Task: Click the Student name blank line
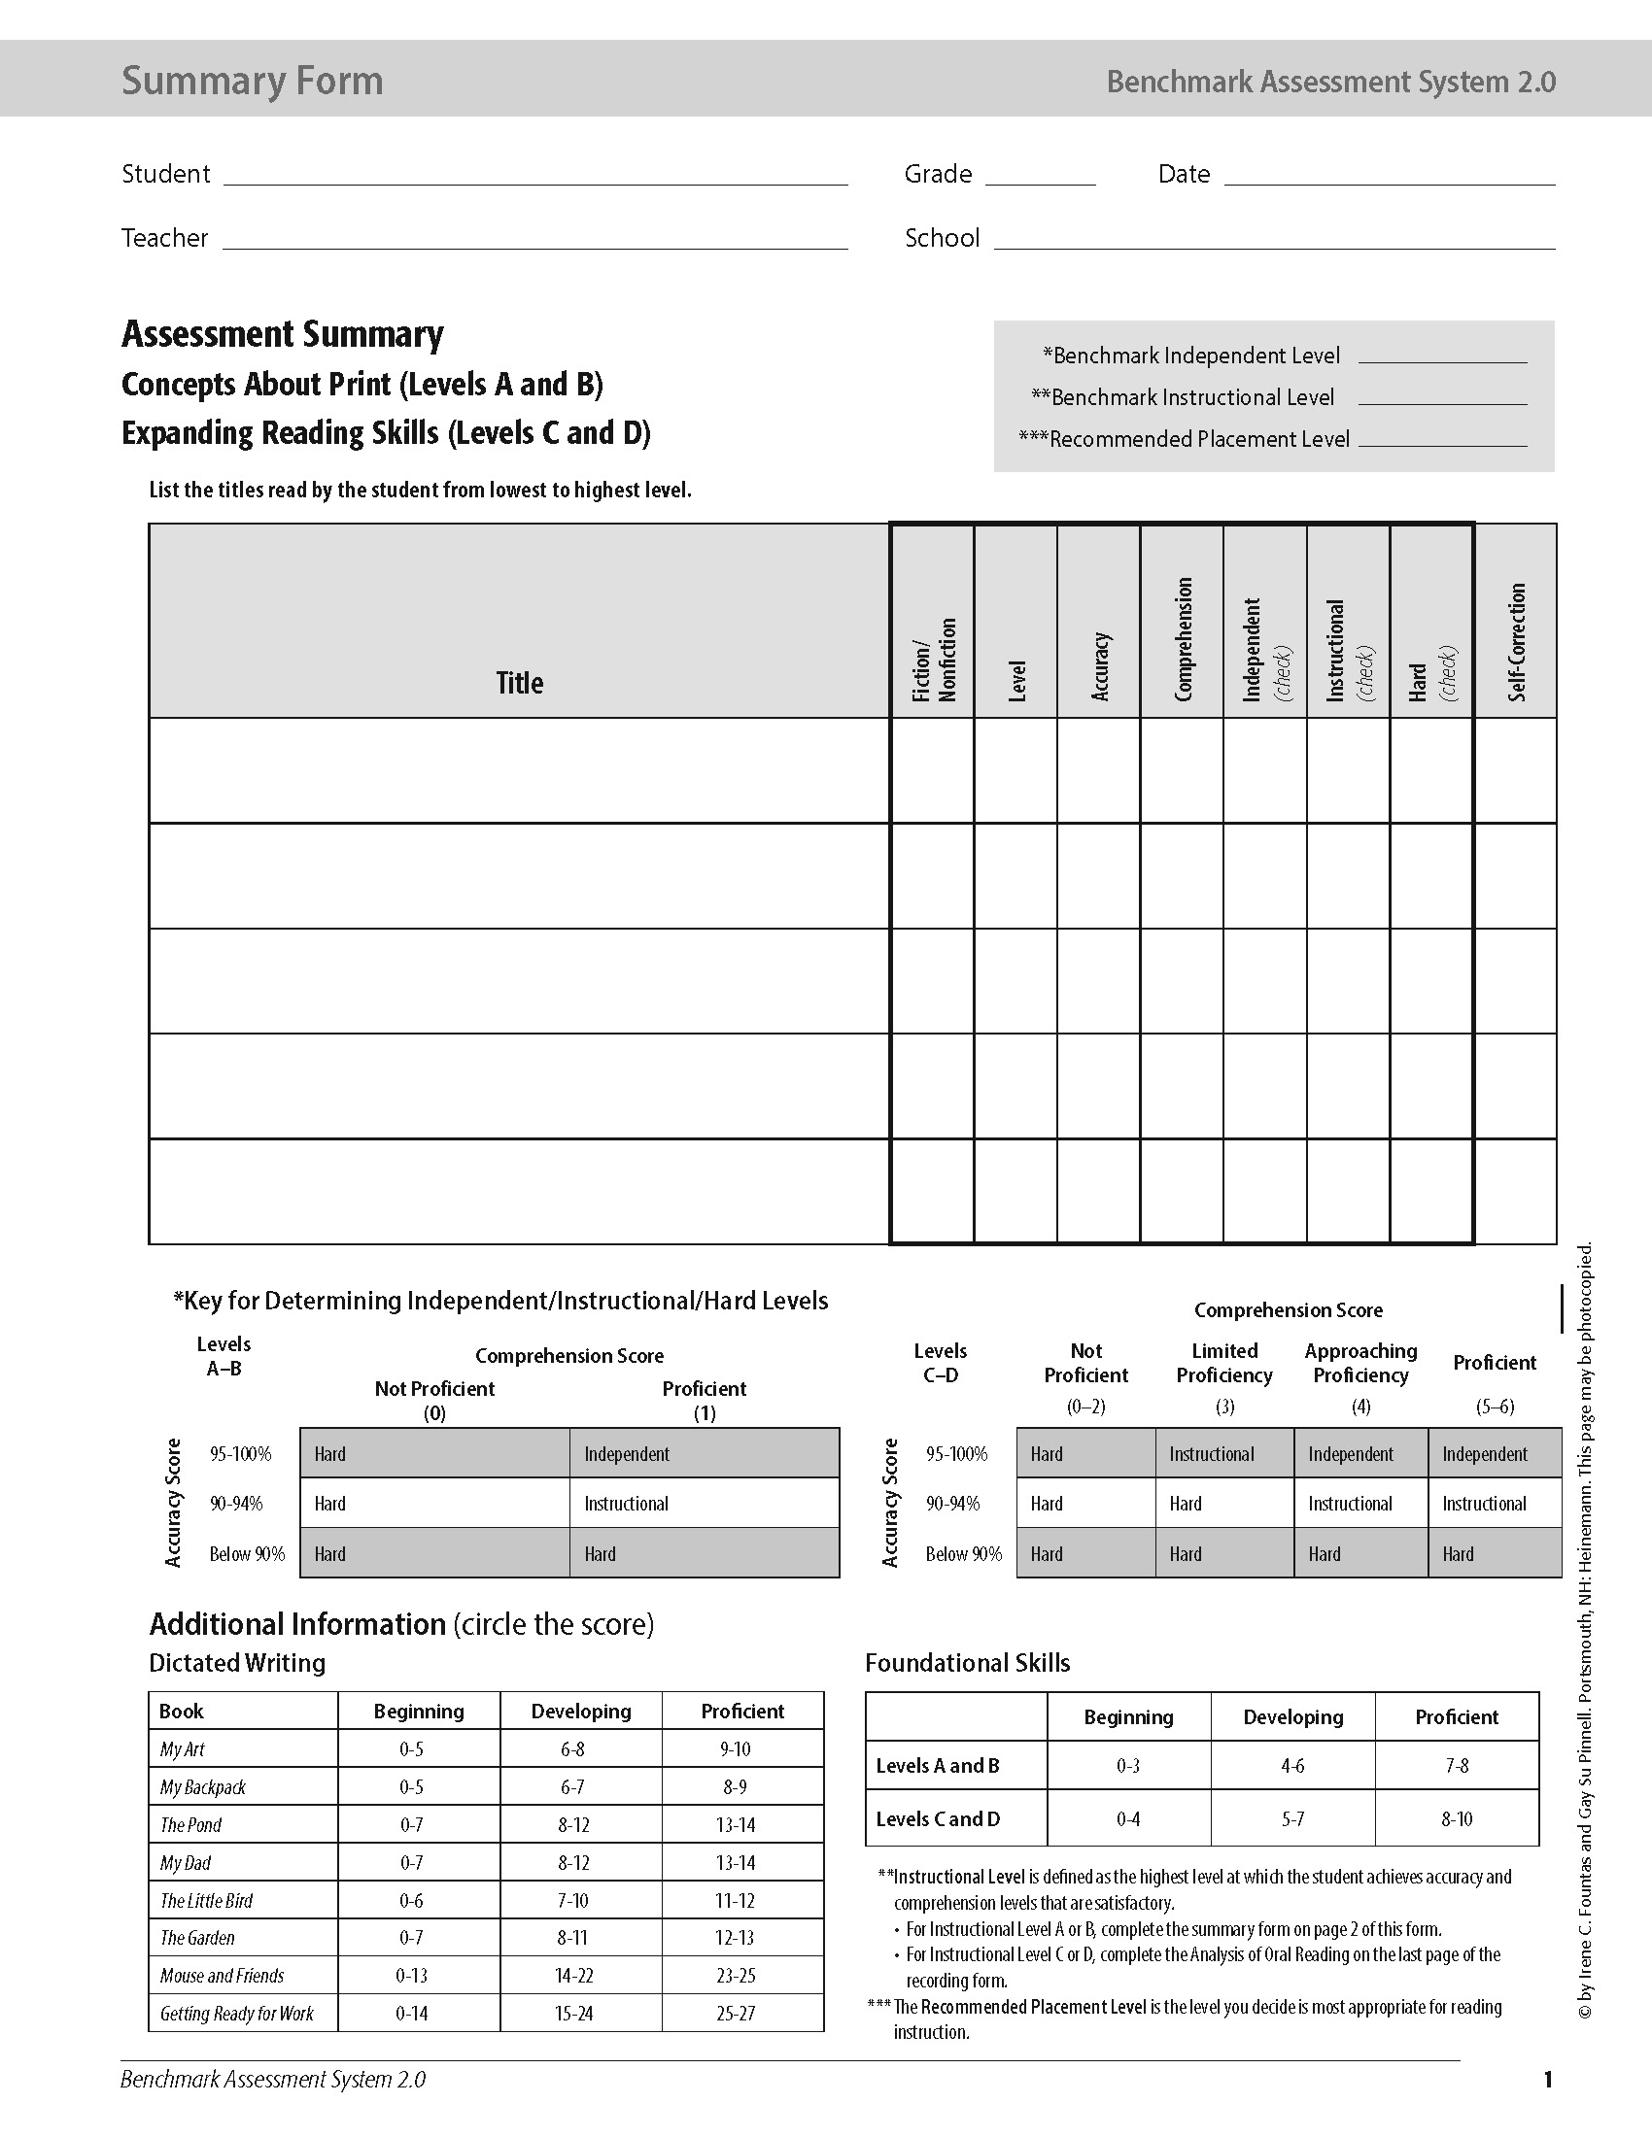[x=535, y=175]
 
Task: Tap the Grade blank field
[x=1040, y=175]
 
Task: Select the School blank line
[x=1274, y=240]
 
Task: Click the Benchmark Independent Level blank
[x=1441, y=356]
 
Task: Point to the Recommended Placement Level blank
[x=1441, y=438]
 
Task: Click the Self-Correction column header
[x=1516, y=642]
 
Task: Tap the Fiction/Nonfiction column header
[x=933, y=660]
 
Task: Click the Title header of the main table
[x=519, y=682]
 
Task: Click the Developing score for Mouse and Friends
[x=573, y=1976]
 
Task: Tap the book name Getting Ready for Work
[x=237, y=2014]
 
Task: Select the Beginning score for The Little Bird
[x=411, y=1900]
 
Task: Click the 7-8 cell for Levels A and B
[x=1457, y=1766]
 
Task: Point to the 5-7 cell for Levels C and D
[x=1291, y=1819]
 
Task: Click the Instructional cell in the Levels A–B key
[x=627, y=1504]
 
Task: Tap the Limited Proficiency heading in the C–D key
[x=1223, y=1363]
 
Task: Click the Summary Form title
[x=253, y=81]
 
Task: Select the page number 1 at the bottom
[x=1547, y=2079]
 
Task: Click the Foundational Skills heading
[x=967, y=1663]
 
